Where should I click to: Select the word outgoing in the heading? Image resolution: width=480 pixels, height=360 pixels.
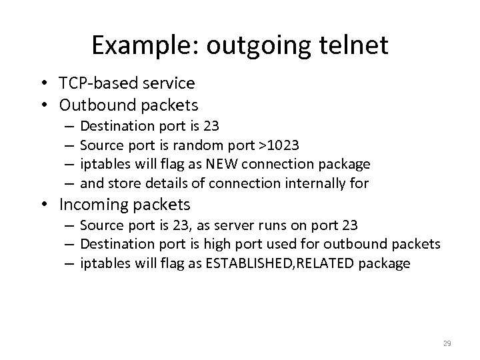click(250, 46)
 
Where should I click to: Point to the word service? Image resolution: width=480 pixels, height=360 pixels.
click(169, 83)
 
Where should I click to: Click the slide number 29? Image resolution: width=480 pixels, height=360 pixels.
click(447, 343)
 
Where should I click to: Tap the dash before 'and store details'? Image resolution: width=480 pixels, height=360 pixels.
click(70, 183)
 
